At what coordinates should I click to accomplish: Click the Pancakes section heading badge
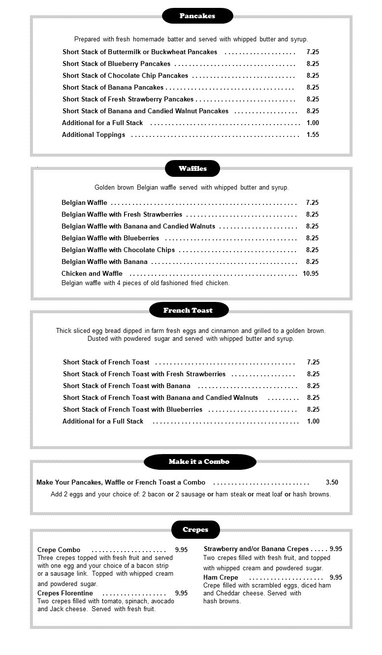[x=197, y=16]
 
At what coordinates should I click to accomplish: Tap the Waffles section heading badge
[x=192, y=168]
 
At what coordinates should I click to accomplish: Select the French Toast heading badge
[x=189, y=310]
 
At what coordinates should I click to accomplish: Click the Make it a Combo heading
[x=199, y=462]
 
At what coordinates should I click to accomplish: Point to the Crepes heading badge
[x=195, y=530]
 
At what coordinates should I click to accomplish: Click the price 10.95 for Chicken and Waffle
[x=311, y=273]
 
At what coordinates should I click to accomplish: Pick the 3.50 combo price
[x=332, y=483]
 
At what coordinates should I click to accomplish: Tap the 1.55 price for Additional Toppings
[x=313, y=134]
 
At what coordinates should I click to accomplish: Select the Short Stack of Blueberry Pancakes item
[x=116, y=64]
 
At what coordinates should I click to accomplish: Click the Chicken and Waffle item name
[x=92, y=273]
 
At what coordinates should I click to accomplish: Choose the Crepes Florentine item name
[x=65, y=593]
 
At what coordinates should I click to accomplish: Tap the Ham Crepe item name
[x=221, y=577]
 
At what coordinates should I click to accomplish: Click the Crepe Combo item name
[x=59, y=550]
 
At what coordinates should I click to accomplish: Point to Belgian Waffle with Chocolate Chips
[x=118, y=250]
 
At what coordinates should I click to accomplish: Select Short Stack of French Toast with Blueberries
[x=132, y=409]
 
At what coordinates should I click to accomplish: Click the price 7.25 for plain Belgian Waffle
[x=312, y=202]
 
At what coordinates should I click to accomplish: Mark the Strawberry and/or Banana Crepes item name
[x=256, y=549]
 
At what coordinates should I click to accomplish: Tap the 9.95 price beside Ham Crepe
[x=336, y=577]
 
